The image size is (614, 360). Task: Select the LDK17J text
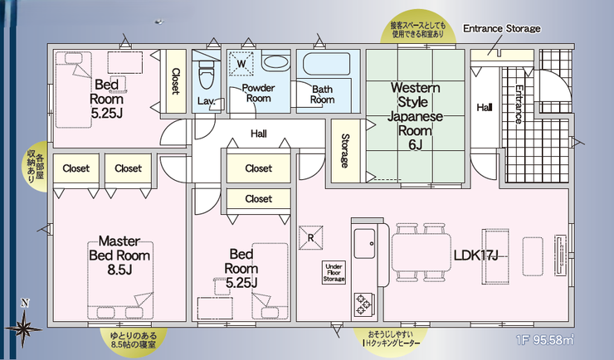coord(475,255)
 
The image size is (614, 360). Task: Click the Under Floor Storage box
coord(334,272)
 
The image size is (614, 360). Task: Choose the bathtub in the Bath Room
coord(326,65)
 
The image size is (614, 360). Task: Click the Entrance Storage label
coord(501,28)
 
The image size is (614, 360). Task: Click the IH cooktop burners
coord(364,302)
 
